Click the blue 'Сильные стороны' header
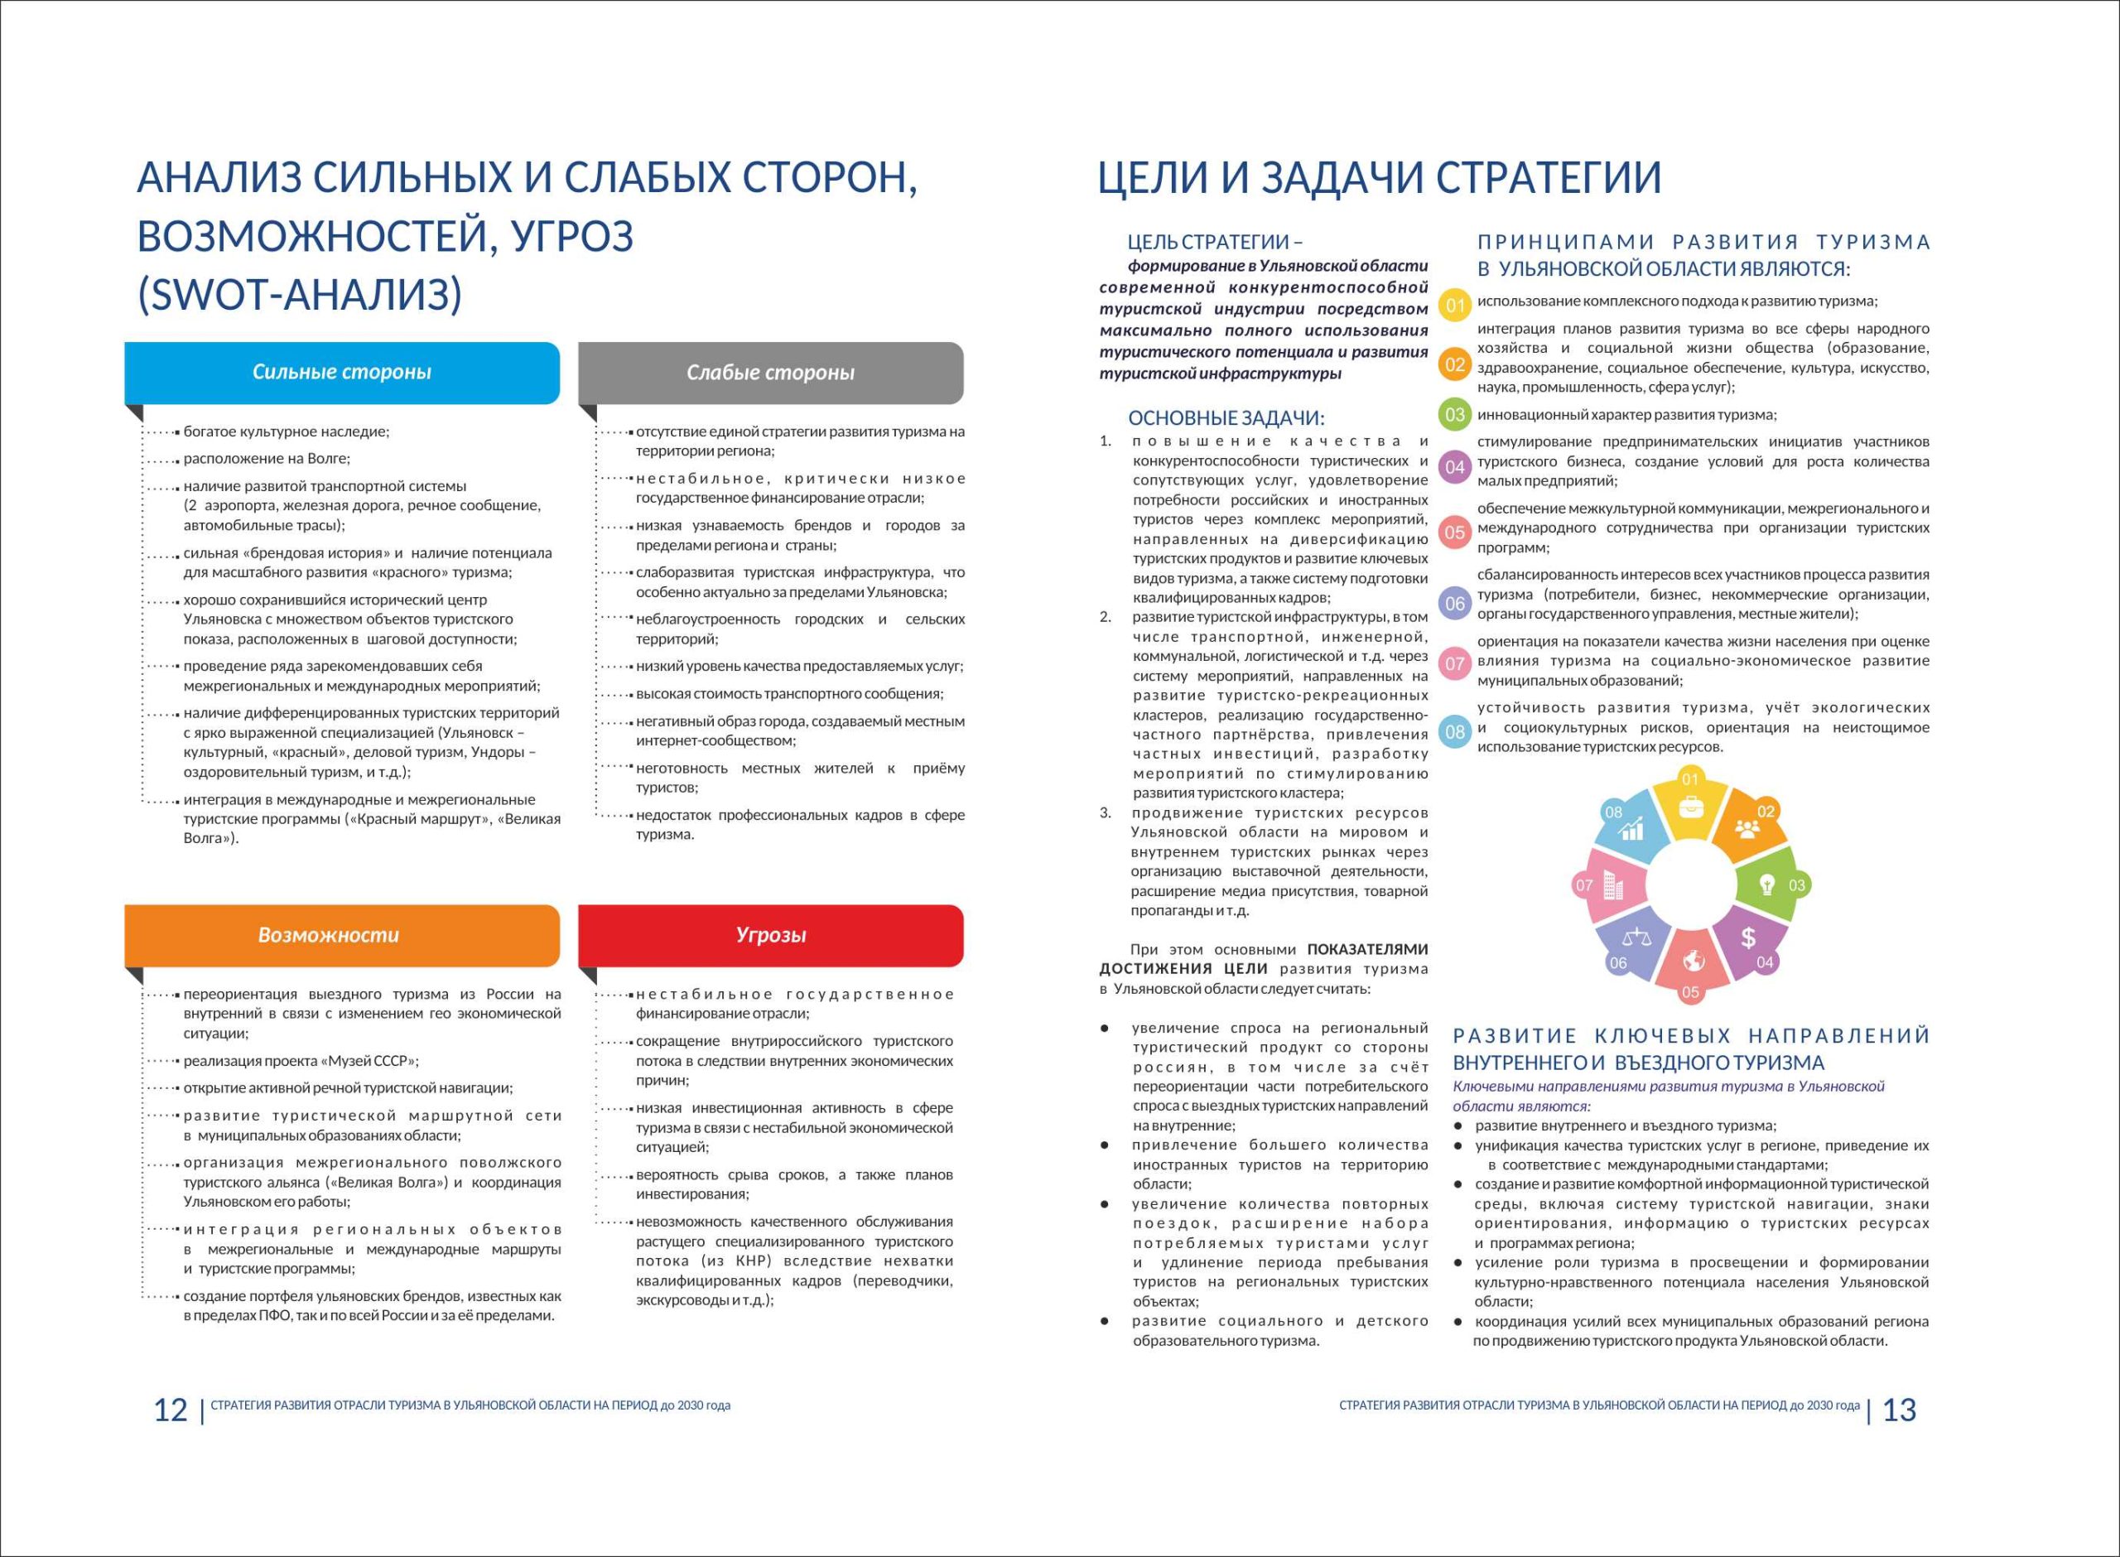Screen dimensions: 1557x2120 [341, 373]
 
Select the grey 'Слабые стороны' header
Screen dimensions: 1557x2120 [770, 373]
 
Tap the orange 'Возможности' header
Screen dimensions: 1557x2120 [329, 935]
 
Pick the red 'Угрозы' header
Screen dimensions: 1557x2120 [771, 935]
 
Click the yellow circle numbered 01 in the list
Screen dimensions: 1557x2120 [1456, 306]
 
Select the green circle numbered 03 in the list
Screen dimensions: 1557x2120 [1456, 415]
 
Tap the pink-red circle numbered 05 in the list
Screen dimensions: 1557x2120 [1456, 533]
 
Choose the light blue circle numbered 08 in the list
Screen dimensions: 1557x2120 [1456, 731]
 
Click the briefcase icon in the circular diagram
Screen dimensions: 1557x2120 [1690, 807]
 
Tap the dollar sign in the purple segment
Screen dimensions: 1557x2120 [1748, 938]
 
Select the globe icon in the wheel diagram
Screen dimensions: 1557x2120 [1694, 961]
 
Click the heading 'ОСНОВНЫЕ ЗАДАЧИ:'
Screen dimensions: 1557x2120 [1226, 418]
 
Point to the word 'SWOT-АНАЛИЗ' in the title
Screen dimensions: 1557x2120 [301, 295]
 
